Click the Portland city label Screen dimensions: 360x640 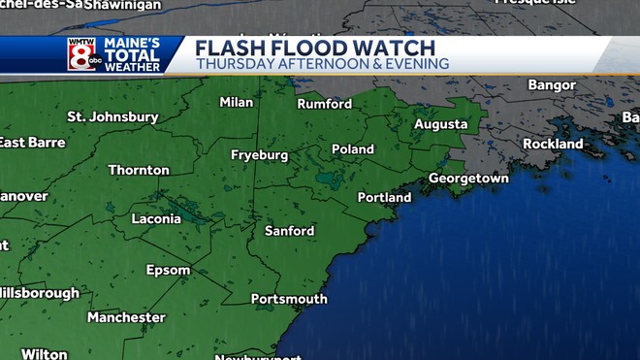coord(384,198)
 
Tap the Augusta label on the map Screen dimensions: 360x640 coord(440,124)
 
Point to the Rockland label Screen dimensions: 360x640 coord(553,144)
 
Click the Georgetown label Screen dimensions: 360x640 coord(468,180)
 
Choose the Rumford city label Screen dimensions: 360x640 coord(324,104)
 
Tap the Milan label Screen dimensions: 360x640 coord(236,102)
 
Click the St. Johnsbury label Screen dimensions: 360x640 coord(112,117)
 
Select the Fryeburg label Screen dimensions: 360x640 coord(260,155)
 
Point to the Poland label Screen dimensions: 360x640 coord(353,149)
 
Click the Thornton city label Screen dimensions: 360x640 coord(139,170)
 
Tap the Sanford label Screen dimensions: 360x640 coord(290,231)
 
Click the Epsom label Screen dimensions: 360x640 coord(168,270)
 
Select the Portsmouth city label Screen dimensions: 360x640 coord(287,299)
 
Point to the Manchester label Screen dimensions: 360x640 coord(126,317)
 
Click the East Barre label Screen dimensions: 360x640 coord(32,143)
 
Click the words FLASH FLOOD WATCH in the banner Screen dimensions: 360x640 coord(316,48)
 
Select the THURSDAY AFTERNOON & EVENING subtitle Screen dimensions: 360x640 coord(322,64)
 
